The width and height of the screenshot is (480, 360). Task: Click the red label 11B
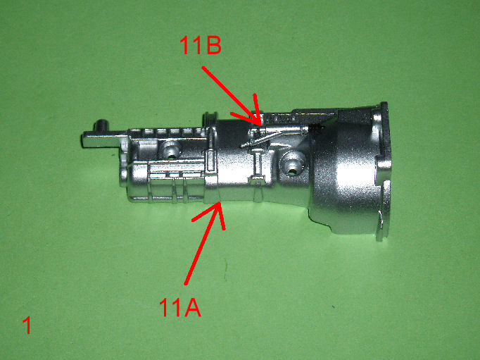(201, 45)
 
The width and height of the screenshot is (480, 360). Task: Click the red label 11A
(180, 308)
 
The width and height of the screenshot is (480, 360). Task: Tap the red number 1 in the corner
(27, 325)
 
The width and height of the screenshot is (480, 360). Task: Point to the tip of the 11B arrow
(260, 125)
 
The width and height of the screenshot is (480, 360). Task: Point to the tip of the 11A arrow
(219, 202)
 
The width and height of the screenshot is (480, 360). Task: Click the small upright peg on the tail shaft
(102, 125)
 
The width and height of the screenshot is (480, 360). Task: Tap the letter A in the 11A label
(192, 308)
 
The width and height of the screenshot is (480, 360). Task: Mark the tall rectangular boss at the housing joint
(211, 161)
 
